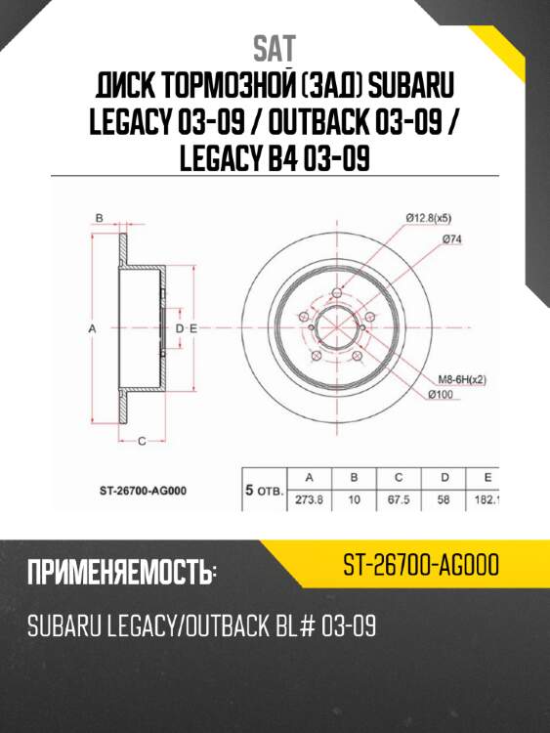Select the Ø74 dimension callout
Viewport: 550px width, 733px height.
[451, 239]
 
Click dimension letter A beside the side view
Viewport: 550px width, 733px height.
[91, 329]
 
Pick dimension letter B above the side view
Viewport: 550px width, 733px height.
[99, 218]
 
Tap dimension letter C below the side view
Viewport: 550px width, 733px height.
[141, 442]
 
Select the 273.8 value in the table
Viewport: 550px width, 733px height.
[309, 497]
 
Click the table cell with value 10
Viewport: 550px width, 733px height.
[354, 497]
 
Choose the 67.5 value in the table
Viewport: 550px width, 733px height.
[399, 497]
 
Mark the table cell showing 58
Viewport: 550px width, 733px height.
[444, 497]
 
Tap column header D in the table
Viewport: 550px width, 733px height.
[444, 477]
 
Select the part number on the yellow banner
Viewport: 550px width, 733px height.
[422, 566]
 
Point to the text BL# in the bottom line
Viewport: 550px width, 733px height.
[277, 625]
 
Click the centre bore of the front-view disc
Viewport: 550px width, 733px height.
[334, 329]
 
